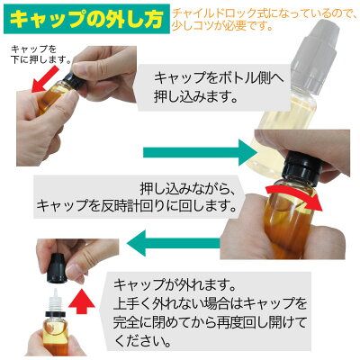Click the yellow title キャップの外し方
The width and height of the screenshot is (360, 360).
(x=86, y=19)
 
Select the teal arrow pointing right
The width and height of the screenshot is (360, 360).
(x=200, y=152)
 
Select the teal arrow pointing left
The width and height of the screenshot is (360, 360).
(x=174, y=242)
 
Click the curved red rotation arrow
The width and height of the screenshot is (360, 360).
(x=294, y=196)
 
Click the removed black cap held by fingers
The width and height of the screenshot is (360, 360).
(x=58, y=268)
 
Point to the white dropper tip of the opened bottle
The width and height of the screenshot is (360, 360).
(x=55, y=299)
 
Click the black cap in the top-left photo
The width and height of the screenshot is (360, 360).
(x=73, y=79)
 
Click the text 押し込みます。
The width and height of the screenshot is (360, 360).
(x=195, y=97)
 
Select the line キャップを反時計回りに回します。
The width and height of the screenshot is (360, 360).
(x=135, y=206)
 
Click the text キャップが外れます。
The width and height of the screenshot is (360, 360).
(x=174, y=284)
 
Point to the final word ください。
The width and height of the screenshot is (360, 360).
(x=141, y=340)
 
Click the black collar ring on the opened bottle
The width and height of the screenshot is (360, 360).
(x=55, y=313)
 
